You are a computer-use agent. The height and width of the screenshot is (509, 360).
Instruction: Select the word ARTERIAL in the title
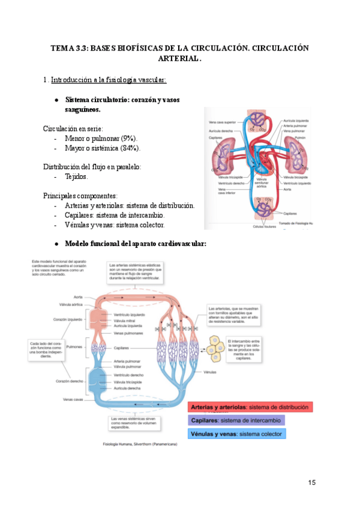(179, 59)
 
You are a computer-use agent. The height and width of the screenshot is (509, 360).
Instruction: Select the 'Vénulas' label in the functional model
(210, 372)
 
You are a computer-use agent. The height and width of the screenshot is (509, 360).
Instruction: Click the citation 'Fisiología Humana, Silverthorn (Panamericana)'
(136, 445)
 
